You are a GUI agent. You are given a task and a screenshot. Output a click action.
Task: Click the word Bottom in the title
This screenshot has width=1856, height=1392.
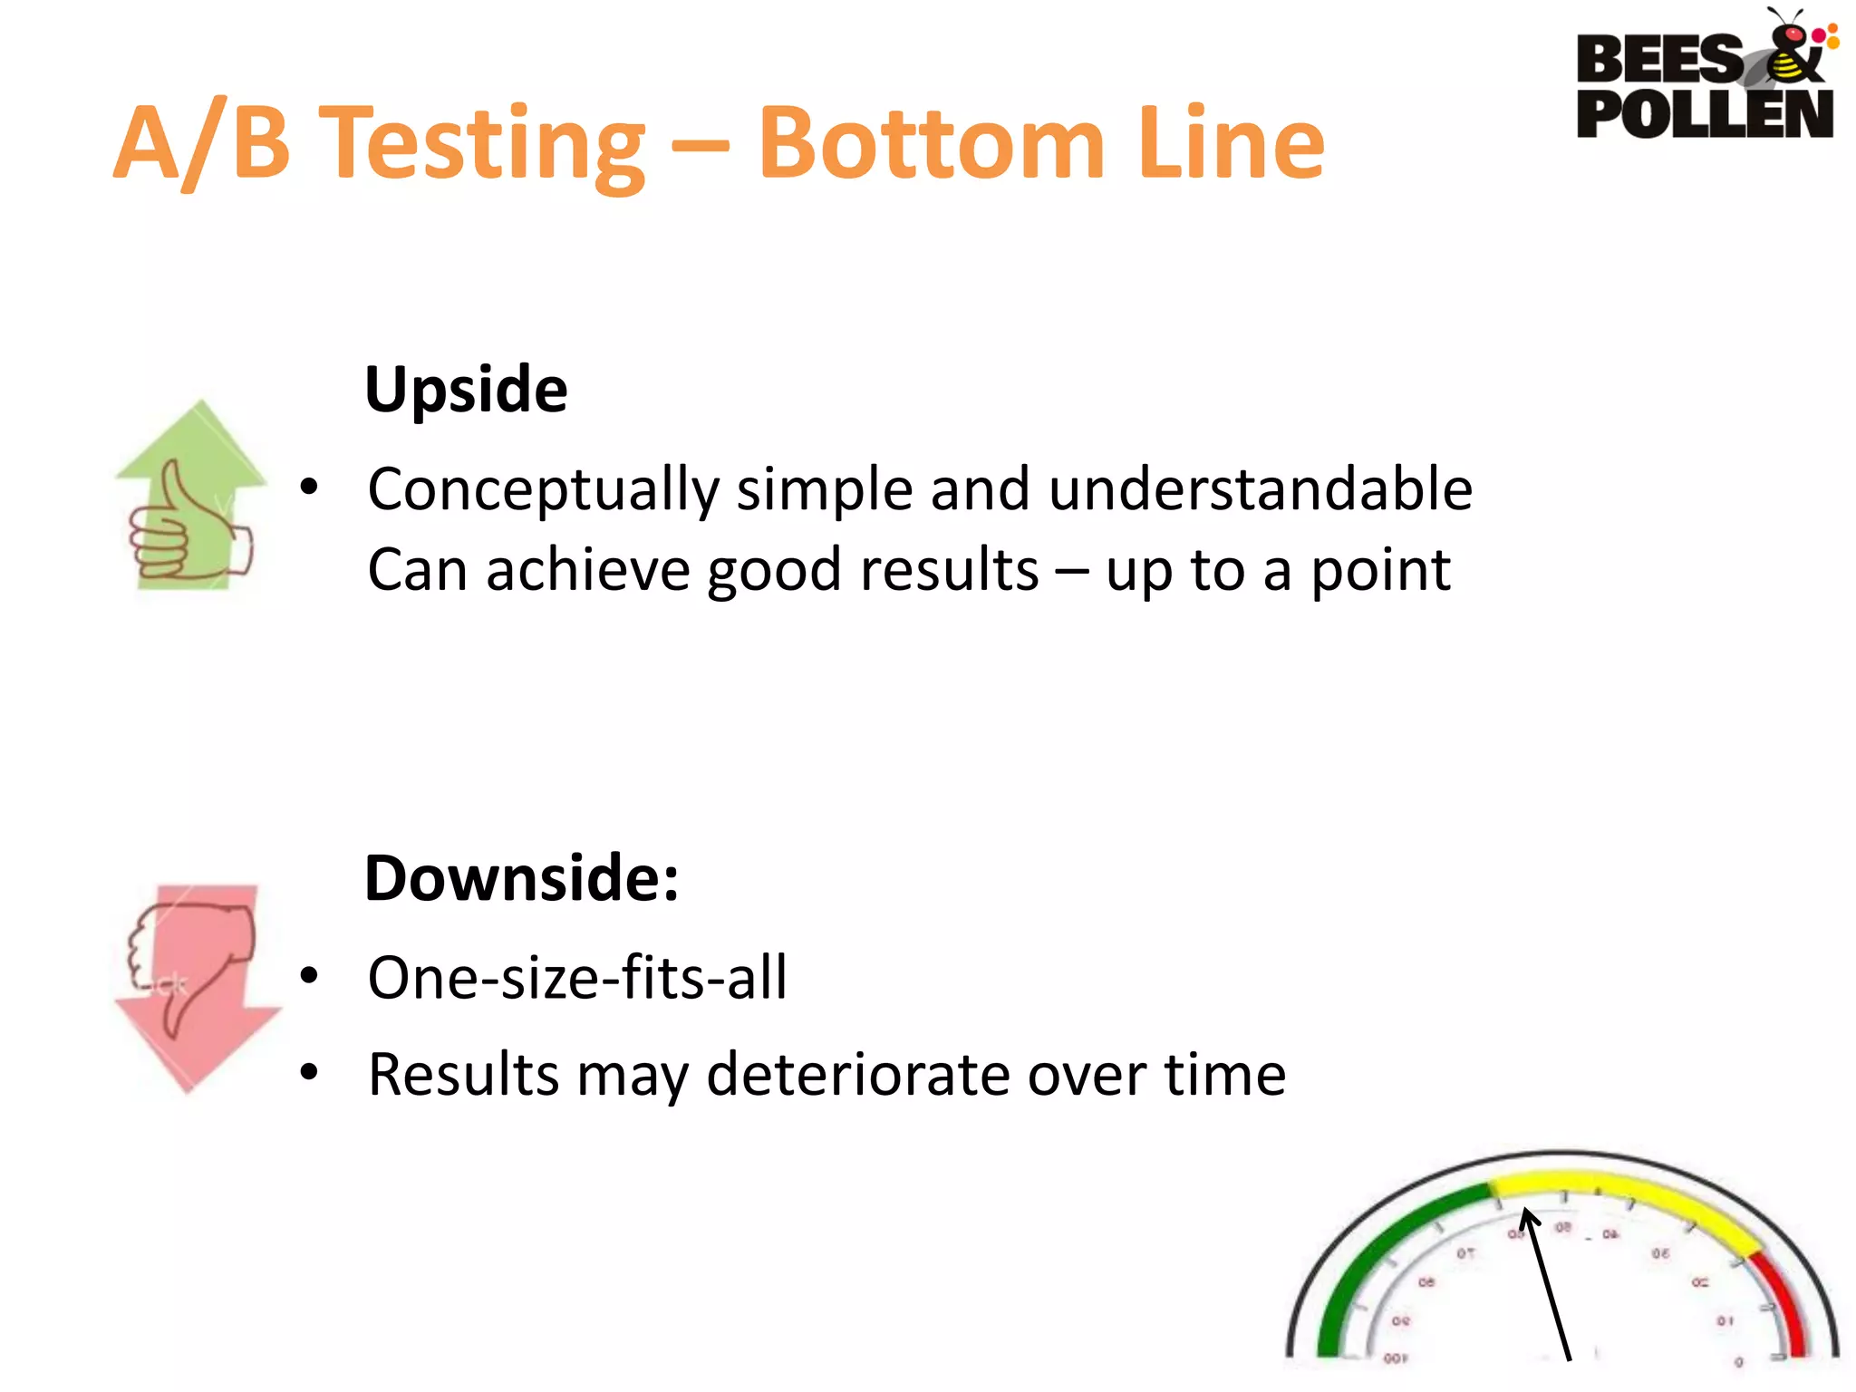[x=931, y=143]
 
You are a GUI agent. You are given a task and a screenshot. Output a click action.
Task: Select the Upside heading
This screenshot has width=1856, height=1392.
[x=466, y=390]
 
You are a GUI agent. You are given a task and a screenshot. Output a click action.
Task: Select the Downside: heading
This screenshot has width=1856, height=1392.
[x=521, y=879]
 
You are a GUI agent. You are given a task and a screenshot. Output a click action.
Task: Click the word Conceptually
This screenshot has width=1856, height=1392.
[x=543, y=489]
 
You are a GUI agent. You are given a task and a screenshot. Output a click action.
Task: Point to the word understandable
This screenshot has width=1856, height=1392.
[x=1260, y=489]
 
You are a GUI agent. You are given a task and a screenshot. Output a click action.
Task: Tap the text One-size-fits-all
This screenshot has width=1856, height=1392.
[x=577, y=978]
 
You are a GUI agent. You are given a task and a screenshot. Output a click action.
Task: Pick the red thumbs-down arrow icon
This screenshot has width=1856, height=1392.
[x=195, y=983]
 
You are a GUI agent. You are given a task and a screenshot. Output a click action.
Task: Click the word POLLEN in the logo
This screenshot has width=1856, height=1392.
[x=1704, y=114]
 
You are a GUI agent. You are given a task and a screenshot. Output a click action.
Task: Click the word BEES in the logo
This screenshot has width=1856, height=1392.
[x=1658, y=60]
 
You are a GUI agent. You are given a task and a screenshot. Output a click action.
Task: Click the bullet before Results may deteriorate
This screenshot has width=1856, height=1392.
[x=310, y=1073]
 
